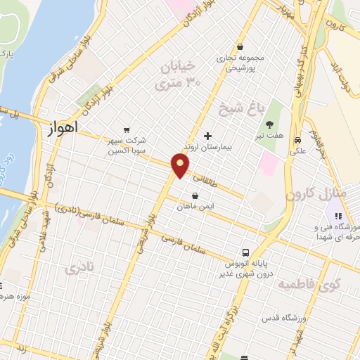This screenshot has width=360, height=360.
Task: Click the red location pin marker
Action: tap(181, 166)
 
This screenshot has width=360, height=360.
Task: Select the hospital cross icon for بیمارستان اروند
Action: tap(207, 136)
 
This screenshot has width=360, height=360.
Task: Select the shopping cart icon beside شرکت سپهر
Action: tap(126, 129)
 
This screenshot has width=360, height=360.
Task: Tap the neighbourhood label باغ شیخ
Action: tap(250, 108)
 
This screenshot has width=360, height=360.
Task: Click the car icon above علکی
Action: tap(298, 139)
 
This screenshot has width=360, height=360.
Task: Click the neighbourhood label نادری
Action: tap(79, 269)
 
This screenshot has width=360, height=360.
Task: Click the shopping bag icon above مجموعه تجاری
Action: tap(241, 47)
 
